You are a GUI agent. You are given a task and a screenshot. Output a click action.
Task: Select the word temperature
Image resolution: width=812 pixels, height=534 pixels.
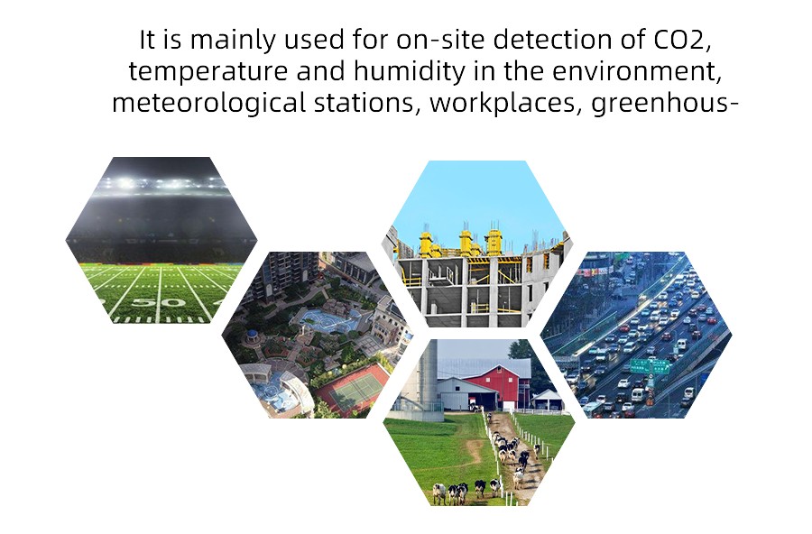click(208, 71)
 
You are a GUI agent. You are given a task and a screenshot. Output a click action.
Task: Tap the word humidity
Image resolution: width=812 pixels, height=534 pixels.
click(409, 71)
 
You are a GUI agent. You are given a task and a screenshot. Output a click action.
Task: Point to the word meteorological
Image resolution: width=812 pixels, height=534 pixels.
click(208, 102)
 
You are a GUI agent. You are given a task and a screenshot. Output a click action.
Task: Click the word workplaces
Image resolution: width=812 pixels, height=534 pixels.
click(503, 102)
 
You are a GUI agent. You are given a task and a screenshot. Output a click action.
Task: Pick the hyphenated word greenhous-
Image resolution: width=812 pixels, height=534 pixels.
click(664, 103)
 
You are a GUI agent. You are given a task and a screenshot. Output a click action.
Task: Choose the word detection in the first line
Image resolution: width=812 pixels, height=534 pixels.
click(552, 40)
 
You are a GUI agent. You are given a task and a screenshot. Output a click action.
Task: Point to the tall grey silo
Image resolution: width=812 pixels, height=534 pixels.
click(428, 378)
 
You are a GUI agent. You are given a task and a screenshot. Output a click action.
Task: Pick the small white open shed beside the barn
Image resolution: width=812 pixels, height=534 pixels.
click(547, 400)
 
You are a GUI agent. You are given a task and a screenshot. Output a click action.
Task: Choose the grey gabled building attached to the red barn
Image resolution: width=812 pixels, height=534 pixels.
click(454, 392)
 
